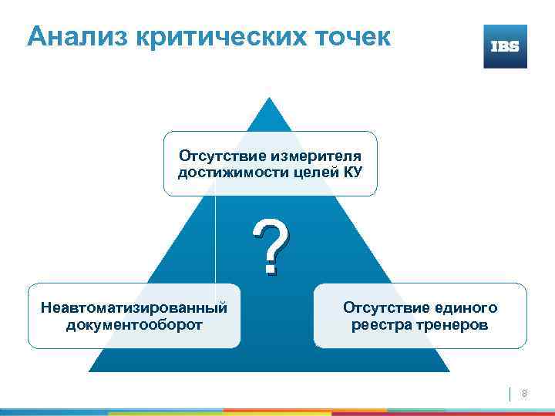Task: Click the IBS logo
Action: coord(505,46)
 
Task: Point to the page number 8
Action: coord(524,394)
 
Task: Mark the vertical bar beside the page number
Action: coord(511,394)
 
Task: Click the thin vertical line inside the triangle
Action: coord(215,239)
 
